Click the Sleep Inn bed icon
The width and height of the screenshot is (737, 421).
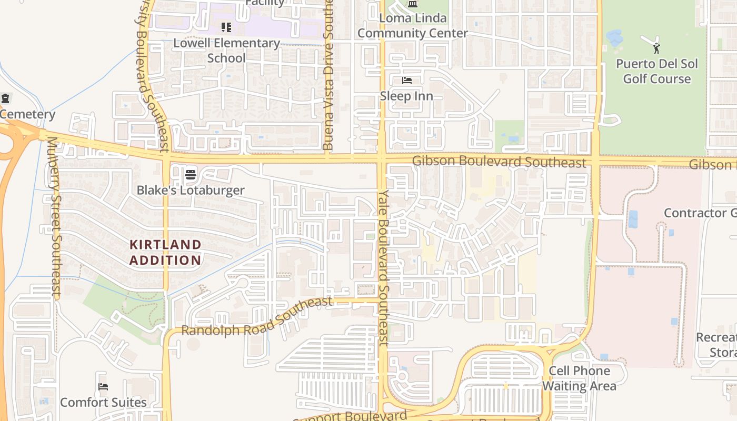click(x=407, y=81)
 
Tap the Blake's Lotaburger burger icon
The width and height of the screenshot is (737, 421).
click(x=191, y=174)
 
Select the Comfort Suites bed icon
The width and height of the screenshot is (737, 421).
click(x=103, y=387)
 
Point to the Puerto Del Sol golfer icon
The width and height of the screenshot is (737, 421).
click(x=656, y=48)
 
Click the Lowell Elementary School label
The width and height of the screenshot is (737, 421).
click(x=226, y=51)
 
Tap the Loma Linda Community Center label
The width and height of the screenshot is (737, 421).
click(x=413, y=26)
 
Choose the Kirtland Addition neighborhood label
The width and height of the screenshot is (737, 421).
click(x=165, y=252)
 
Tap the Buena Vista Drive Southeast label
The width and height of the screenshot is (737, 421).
click(x=328, y=74)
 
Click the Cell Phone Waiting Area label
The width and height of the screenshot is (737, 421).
click(x=579, y=378)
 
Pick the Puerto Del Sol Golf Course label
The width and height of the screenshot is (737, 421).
click(x=656, y=72)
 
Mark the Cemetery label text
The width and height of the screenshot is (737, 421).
click(x=27, y=114)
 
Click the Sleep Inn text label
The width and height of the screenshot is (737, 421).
click(x=406, y=96)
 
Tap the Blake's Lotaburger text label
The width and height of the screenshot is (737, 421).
click(x=191, y=190)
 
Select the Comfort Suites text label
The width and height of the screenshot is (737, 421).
click(x=103, y=403)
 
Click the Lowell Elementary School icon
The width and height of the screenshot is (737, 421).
click(x=226, y=27)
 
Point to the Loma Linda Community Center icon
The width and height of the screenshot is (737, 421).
click(x=413, y=5)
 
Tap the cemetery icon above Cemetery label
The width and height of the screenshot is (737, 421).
click(x=5, y=98)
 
